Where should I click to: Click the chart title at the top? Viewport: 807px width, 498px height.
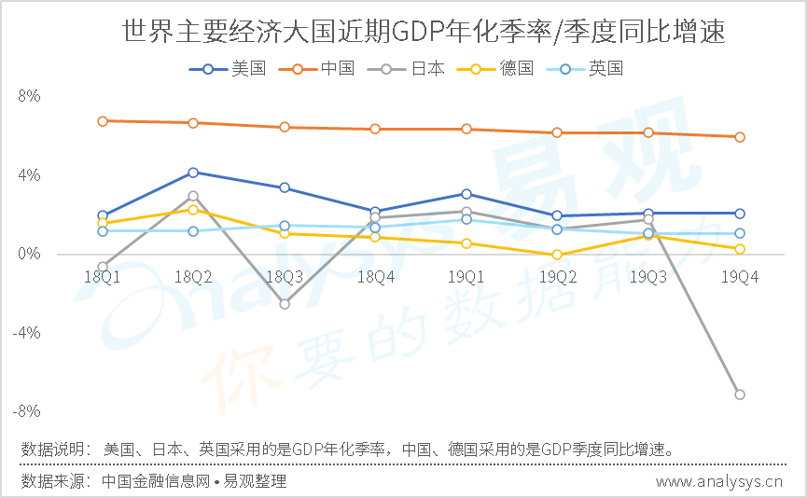tap(424, 32)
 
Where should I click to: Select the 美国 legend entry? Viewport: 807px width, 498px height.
tap(228, 68)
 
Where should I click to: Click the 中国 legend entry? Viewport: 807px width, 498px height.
tap(316, 68)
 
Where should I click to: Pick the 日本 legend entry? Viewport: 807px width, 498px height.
tap(406, 68)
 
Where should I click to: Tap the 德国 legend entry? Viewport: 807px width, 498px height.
tap(495, 68)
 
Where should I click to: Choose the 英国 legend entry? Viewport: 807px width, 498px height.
tap(585, 68)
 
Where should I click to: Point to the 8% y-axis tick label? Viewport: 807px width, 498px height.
tap(29, 96)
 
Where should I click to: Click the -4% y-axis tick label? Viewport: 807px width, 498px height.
tap(26, 333)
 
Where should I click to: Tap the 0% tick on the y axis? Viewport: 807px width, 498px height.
tap(29, 255)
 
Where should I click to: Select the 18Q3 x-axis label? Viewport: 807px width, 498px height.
tap(285, 277)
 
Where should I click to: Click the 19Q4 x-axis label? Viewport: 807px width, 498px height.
tap(740, 277)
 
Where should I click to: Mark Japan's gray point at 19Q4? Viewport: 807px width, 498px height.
tap(740, 394)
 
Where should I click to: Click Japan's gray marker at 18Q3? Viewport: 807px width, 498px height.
tap(285, 304)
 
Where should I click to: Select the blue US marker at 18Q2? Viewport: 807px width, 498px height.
tap(193, 173)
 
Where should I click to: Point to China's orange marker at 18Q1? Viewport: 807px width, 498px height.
tap(103, 121)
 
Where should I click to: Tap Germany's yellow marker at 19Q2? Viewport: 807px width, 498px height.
tap(557, 255)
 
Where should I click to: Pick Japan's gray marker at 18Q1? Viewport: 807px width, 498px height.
tap(103, 267)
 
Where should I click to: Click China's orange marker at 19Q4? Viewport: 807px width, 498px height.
tap(740, 137)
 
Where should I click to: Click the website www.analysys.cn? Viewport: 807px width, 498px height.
tap(719, 482)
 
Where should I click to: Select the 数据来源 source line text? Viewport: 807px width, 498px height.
tap(153, 481)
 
